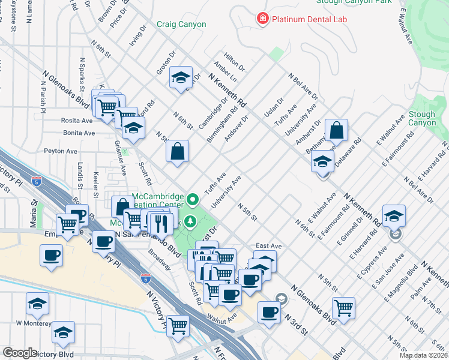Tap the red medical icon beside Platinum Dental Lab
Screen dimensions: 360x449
point(262,19)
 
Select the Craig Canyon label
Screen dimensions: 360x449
point(181,25)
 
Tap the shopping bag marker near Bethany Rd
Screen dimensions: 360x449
point(337,130)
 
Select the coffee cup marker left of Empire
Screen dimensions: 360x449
point(51,256)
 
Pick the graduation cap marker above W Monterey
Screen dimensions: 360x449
point(38,304)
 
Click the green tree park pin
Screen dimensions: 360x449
point(191,222)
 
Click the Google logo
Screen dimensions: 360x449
point(20,353)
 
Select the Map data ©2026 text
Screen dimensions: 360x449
point(423,355)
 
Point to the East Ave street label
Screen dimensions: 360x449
point(268,246)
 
